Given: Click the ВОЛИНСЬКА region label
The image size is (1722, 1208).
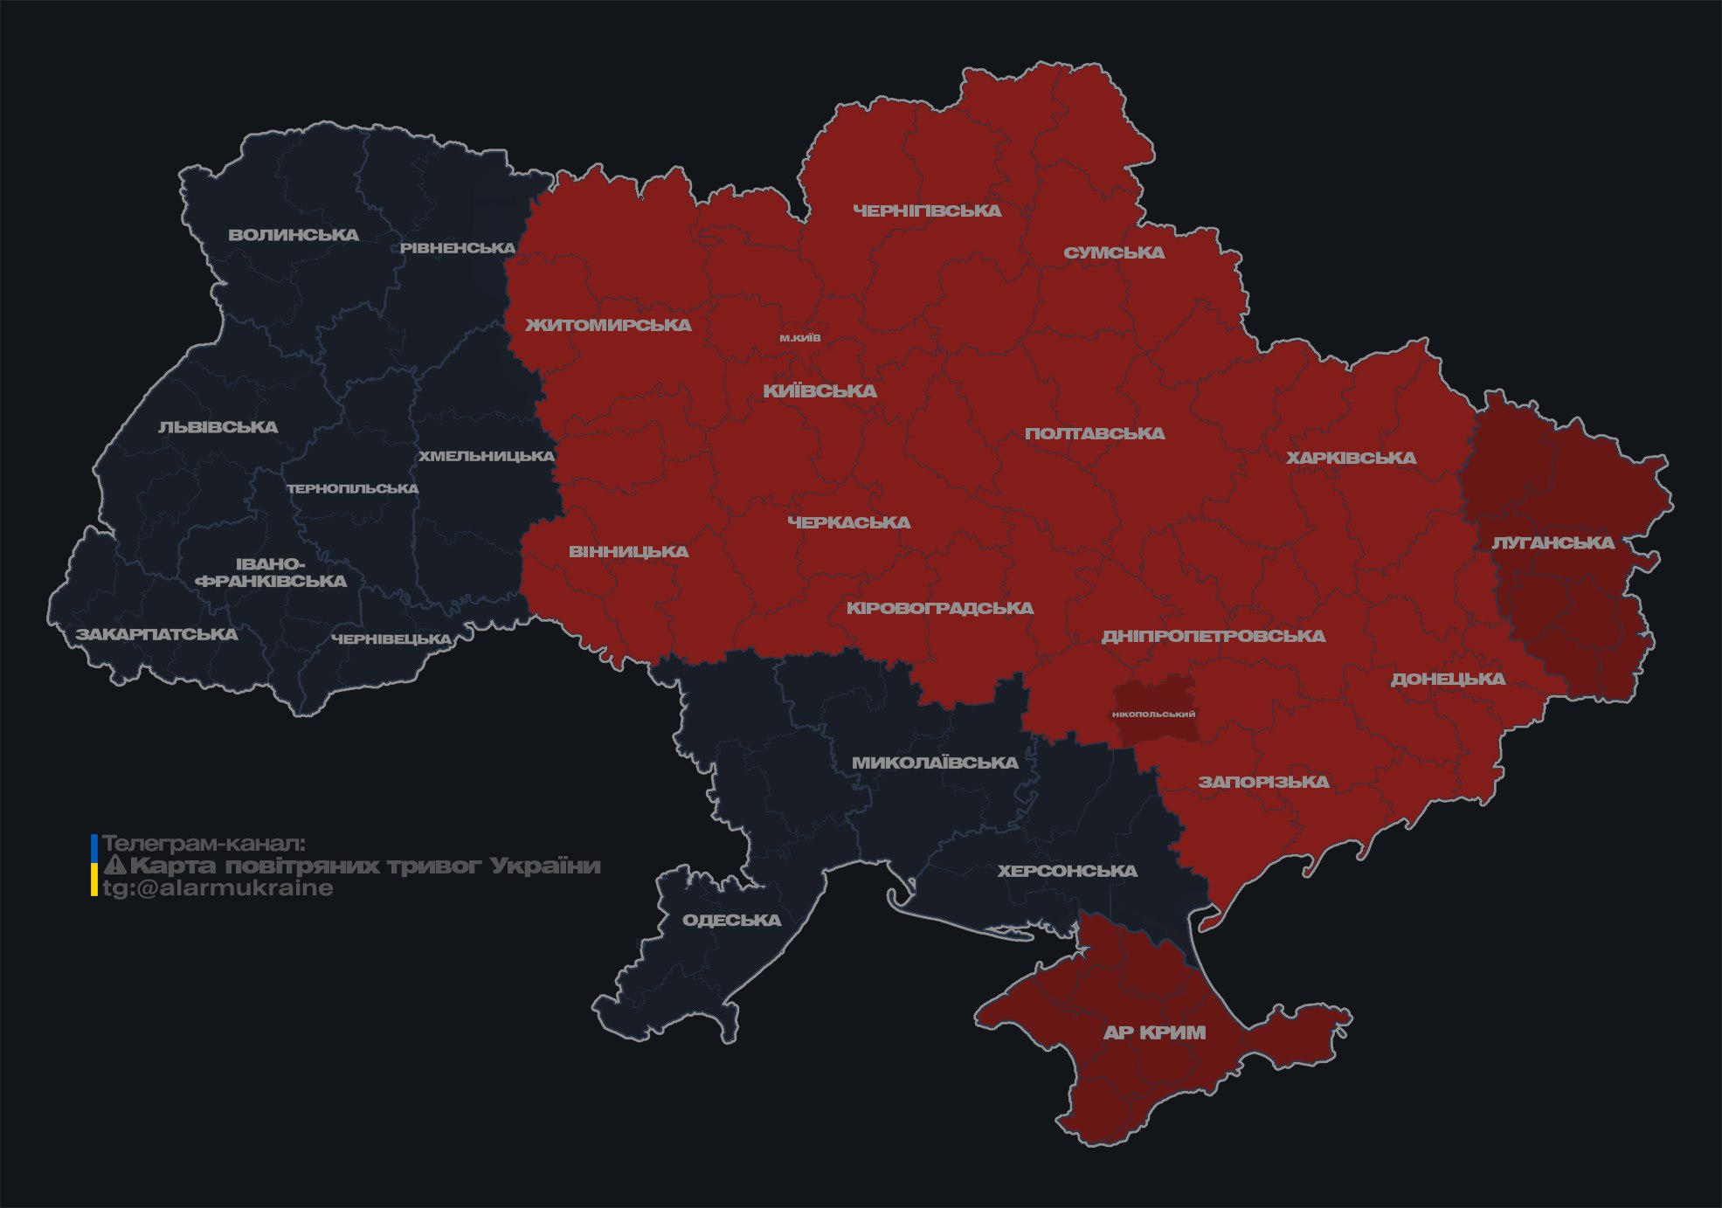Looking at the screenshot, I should pos(294,235).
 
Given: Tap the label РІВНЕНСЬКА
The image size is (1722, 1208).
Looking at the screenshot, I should pos(458,248).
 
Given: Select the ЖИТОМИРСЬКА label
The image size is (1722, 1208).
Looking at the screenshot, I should pos(608,325).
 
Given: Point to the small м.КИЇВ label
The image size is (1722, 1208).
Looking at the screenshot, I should pos(800,338).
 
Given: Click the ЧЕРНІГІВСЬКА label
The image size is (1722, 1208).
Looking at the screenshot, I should pos(927,211).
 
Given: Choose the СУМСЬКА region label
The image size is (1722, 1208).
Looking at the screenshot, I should pos(1114,252).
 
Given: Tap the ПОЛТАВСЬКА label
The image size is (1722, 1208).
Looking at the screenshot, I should pos(1095,433).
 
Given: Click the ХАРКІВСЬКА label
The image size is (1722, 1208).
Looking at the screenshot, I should pos(1351,458).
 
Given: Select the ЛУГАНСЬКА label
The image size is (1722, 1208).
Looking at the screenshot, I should pos(1553,542).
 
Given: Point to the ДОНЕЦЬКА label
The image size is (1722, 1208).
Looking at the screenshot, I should pos(1448,679).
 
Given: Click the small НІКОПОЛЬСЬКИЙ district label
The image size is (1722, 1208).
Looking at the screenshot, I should pos(1153,714).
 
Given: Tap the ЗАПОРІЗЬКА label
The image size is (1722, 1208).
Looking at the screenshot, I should pos(1263,782).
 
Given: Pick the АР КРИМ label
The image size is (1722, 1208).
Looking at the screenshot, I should pos(1154,1032).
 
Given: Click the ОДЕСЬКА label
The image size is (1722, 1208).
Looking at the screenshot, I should pos(731,920).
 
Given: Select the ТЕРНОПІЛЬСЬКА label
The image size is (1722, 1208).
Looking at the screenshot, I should pos(353,488).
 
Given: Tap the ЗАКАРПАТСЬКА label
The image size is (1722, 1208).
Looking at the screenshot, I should pos(156,634).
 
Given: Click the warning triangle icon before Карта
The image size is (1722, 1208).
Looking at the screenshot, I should pos(115,866).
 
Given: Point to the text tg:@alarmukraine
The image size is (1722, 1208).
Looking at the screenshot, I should pos(218,888).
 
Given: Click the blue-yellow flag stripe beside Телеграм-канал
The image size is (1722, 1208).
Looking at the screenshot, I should pos(94,866).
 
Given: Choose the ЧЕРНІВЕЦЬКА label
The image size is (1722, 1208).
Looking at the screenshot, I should pos(391,639).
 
